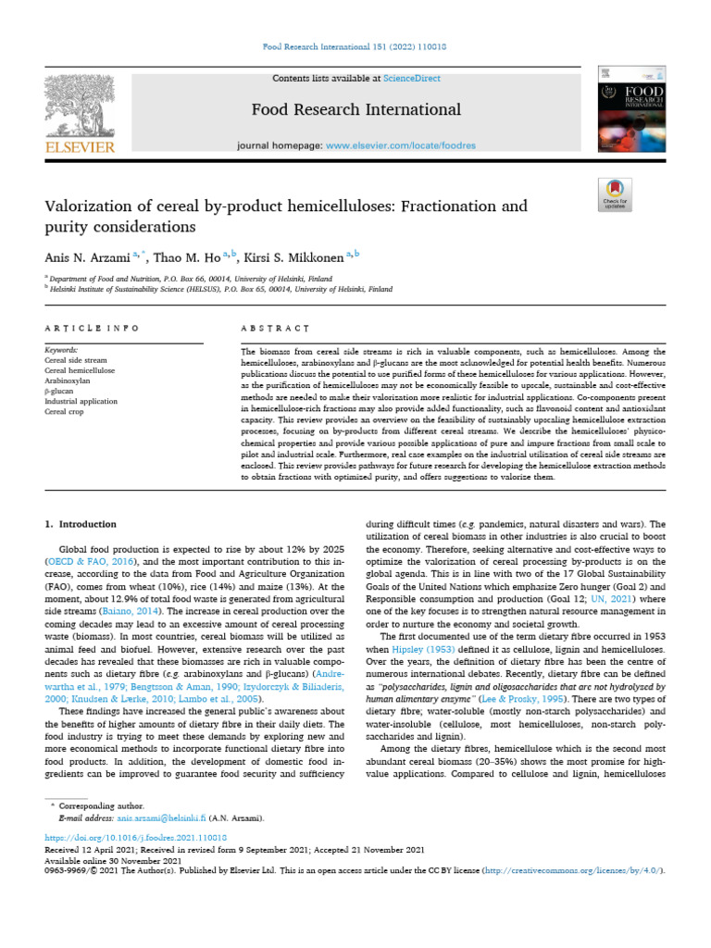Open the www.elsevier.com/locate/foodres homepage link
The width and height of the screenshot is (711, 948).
pos(401,146)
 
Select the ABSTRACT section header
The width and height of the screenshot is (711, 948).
pos(274,329)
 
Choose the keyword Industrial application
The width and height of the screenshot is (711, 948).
pos(81,401)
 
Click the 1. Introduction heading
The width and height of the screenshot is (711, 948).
pos(81,524)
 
